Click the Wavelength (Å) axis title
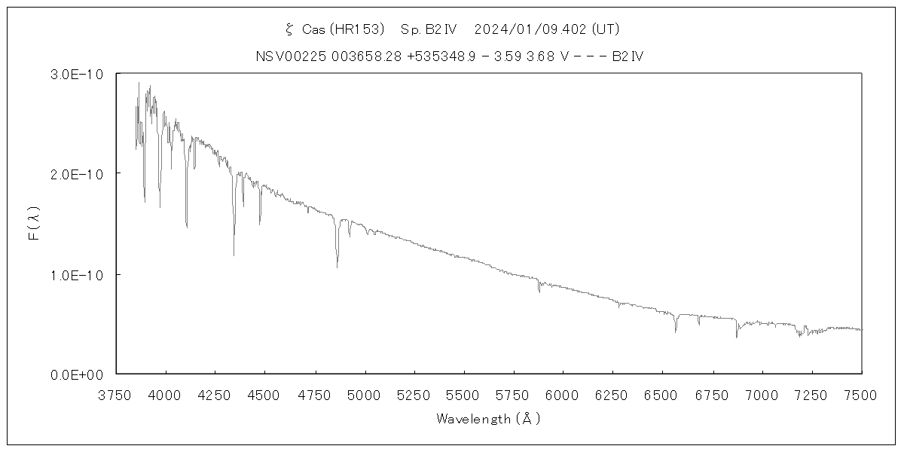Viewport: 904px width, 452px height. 488,419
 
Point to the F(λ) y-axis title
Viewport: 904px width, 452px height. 33,224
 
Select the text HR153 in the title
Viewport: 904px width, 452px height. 366,29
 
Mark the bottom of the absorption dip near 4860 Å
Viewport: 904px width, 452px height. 337,267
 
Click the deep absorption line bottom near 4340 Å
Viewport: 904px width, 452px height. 234,255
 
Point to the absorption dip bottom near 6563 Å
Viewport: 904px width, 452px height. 676,331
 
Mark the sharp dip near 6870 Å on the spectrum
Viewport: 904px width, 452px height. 737,337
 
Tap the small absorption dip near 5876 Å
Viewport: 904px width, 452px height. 539,291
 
